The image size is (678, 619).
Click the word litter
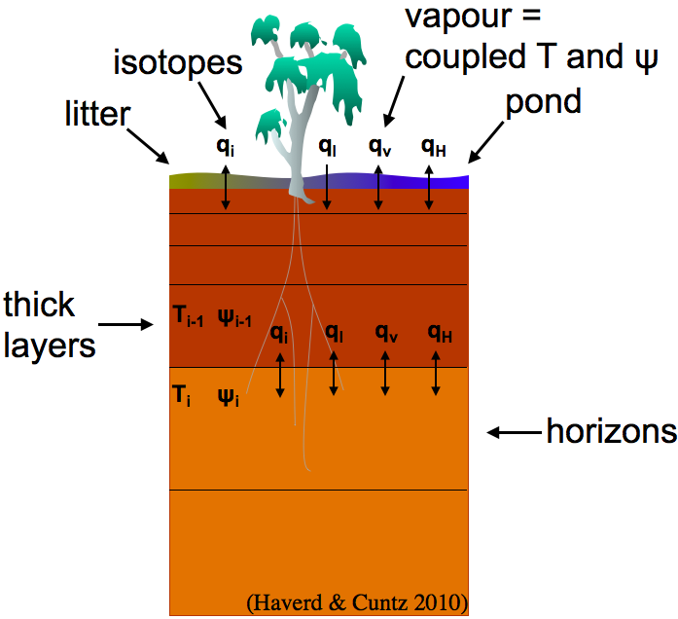[x=97, y=115]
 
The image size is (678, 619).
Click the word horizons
[x=610, y=430]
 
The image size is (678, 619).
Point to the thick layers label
[x=51, y=324]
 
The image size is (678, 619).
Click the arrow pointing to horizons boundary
[x=514, y=431]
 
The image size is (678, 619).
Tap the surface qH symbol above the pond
[x=434, y=147]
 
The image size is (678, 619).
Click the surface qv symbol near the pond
[x=378, y=147]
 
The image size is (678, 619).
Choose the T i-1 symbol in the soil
[x=186, y=317]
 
